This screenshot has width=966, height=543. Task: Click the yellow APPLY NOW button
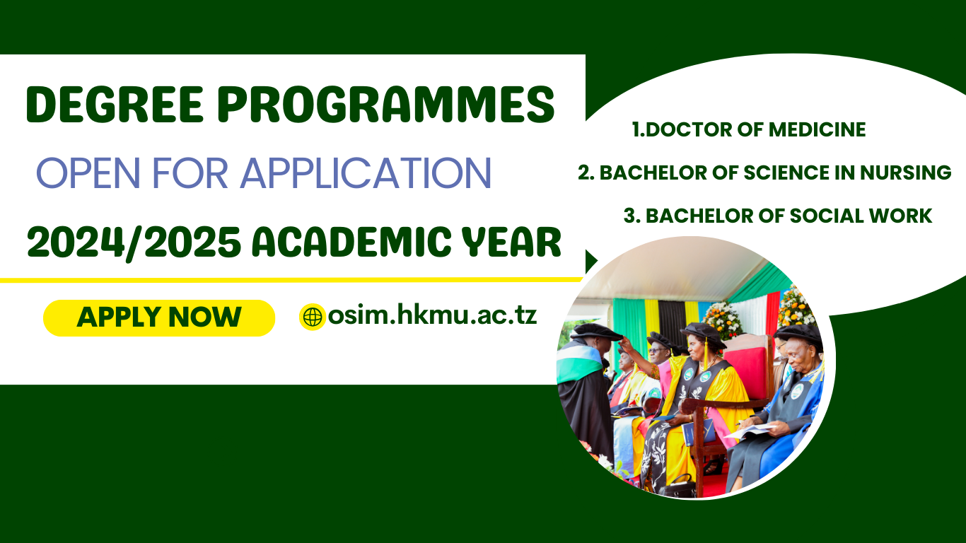click(x=159, y=318)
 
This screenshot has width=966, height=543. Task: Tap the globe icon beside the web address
click(x=313, y=317)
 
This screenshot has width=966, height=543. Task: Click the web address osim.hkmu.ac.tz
click(x=433, y=315)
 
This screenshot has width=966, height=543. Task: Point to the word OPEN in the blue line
click(x=89, y=173)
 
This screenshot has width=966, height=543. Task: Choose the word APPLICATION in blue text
click(x=366, y=173)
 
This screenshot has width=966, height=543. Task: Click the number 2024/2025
click(x=134, y=243)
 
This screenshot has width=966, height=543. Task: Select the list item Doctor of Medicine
click(x=749, y=129)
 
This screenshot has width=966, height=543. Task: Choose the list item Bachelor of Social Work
click(x=778, y=216)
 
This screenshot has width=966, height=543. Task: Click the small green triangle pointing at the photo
click(x=590, y=262)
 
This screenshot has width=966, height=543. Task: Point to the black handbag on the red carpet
click(x=677, y=486)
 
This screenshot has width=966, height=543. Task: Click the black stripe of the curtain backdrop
click(x=672, y=320)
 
